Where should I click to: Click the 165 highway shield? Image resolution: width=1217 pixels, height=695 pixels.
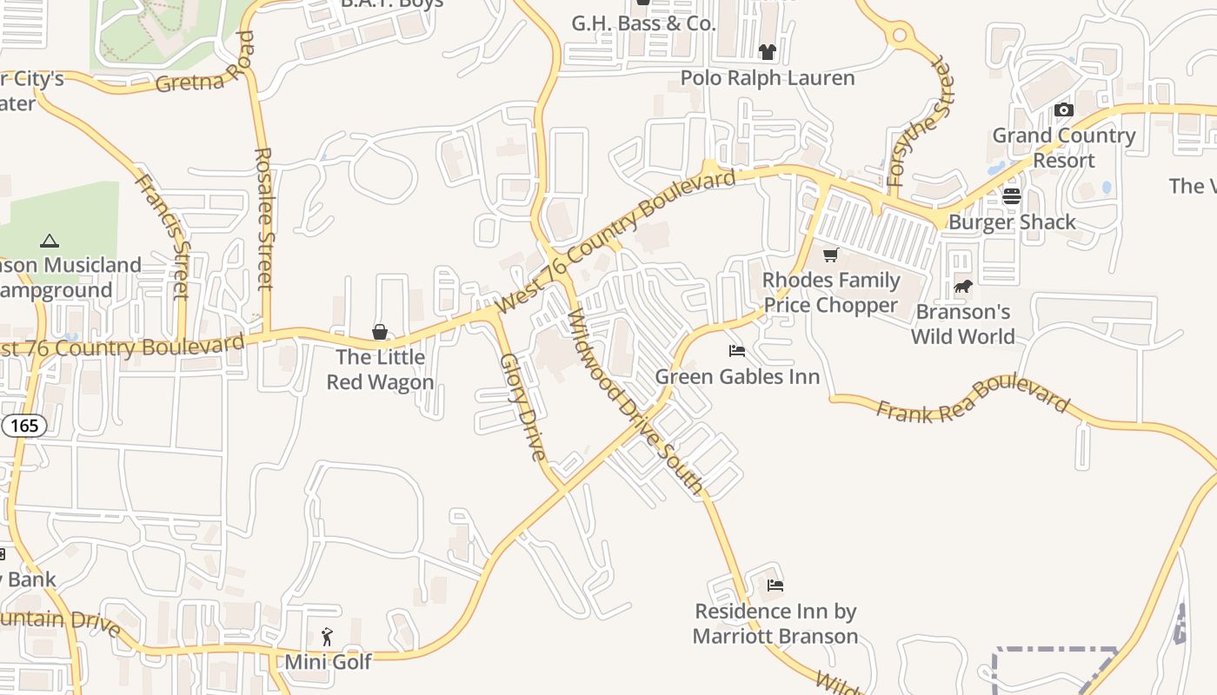tap(24, 425)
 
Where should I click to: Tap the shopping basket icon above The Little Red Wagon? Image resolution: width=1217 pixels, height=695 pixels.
tap(380, 331)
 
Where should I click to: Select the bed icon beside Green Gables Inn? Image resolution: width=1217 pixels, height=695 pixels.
tap(737, 351)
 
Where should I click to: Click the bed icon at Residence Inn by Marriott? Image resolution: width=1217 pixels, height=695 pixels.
tap(775, 586)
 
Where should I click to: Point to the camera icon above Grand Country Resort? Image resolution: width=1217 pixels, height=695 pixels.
tap(1063, 110)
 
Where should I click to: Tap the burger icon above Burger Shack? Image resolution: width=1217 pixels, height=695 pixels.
tap(1011, 196)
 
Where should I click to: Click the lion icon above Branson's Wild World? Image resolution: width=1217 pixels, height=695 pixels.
tap(962, 286)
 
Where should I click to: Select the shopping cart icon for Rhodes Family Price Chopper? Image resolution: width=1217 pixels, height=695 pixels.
tap(830, 255)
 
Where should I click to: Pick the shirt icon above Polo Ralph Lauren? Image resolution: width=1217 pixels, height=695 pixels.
tap(767, 52)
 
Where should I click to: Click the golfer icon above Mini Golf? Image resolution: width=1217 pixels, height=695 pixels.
tap(327, 637)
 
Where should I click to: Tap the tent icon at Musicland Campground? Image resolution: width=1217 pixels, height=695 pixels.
tap(50, 241)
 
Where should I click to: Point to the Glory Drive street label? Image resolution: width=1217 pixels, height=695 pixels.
tap(522, 407)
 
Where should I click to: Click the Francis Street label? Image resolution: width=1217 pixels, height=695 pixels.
tap(163, 235)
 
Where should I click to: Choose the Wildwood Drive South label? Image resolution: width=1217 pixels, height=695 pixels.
tap(635, 402)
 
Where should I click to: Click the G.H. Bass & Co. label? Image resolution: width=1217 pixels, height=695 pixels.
tap(643, 23)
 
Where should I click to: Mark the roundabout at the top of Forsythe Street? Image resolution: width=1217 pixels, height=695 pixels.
tap(900, 36)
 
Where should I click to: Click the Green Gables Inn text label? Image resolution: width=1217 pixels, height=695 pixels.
tap(737, 376)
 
